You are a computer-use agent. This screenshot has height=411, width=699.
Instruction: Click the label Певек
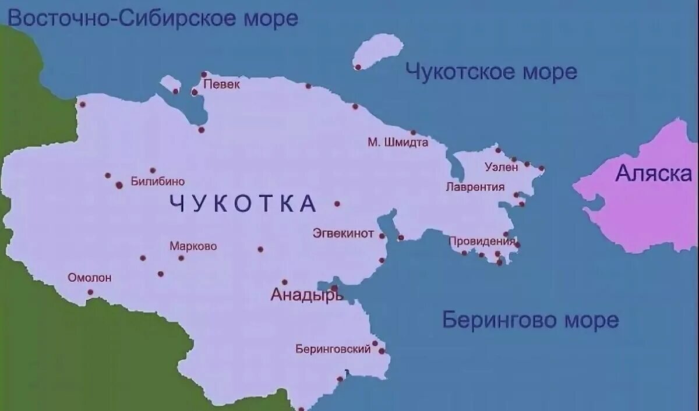[x=222, y=85]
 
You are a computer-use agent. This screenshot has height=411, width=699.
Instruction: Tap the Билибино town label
[x=157, y=182]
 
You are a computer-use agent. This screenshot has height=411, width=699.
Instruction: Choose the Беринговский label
[x=333, y=349]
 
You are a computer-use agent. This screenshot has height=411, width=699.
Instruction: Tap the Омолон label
[x=90, y=278]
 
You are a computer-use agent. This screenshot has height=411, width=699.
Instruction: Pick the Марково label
[x=193, y=246]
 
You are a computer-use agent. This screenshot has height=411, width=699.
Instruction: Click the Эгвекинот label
[x=343, y=233]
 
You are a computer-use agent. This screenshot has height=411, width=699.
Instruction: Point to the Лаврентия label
[x=475, y=187]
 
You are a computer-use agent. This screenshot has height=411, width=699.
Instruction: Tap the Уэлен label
[x=501, y=167]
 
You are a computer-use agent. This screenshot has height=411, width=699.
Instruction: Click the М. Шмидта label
[x=398, y=142]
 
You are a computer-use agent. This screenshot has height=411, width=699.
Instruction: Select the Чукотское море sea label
[x=491, y=72]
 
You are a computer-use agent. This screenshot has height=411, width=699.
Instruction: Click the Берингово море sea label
[x=530, y=320]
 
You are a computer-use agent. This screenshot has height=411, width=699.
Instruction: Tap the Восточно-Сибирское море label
[x=153, y=18]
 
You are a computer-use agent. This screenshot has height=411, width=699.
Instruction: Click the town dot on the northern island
[x=358, y=67]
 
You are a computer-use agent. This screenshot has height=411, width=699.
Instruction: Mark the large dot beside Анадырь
[x=334, y=288]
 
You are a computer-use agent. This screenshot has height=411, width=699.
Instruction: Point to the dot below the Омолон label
[x=90, y=292]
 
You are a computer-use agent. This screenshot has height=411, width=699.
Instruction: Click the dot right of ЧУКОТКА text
[x=337, y=204]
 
